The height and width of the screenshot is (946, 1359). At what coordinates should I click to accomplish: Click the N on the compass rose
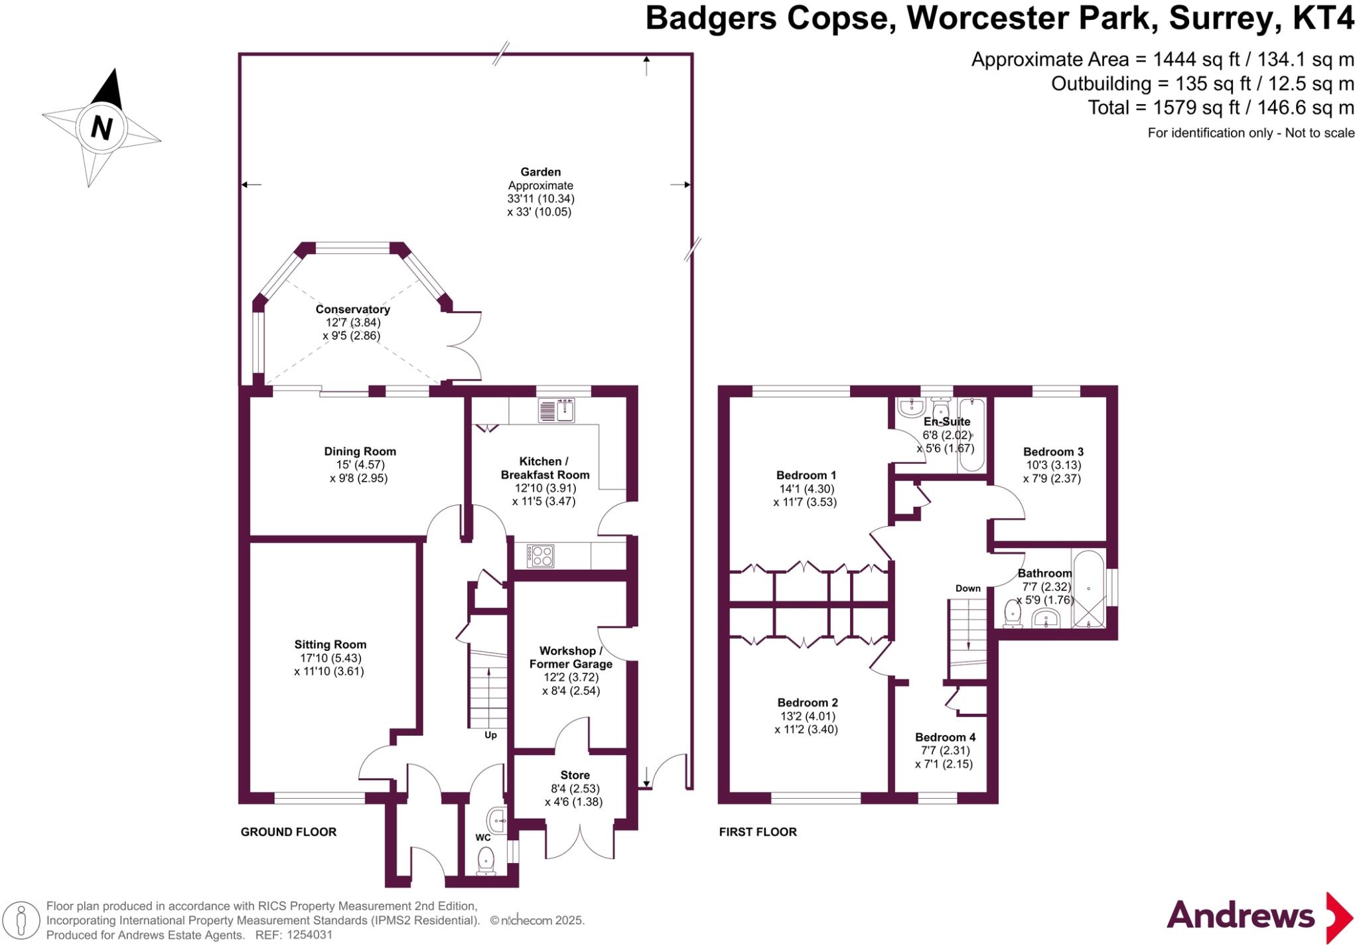pyautogui.click(x=101, y=127)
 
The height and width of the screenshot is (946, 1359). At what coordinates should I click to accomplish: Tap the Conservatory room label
pyautogui.click(x=352, y=309)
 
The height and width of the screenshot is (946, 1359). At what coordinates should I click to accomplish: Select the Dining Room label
pyautogui.click(x=360, y=451)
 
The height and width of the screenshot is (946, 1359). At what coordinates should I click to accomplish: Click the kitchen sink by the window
pyautogui.click(x=556, y=411)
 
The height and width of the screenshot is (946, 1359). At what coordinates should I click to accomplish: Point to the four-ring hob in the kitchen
pyautogui.click(x=540, y=555)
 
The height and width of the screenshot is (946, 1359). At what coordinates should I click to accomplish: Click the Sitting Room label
pyautogui.click(x=330, y=644)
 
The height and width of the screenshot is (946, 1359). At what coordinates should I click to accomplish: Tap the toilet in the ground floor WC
pyautogui.click(x=486, y=860)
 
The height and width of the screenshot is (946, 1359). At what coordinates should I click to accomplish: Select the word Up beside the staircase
pyautogui.click(x=490, y=735)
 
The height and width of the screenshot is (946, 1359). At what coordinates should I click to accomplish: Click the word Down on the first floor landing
pyautogui.click(x=967, y=588)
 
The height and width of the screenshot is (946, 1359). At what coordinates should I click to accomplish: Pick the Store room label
pyautogui.click(x=575, y=775)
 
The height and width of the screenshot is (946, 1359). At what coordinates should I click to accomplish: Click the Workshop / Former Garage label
pyautogui.click(x=571, y=657)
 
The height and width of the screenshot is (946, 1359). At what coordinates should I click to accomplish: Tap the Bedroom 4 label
pyautogui.click(x=945, y=737)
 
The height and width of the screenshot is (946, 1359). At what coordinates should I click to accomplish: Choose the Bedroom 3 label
pyautogui.click(x=1053, y=452)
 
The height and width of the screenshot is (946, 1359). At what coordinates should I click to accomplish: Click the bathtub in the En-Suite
pyautogui.click(x=972, y=435)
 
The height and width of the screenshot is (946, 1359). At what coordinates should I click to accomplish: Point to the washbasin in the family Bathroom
pyautogui.click(x=1046, y=619)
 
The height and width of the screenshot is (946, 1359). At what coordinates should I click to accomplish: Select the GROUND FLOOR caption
pyautogui.click(x=288, y=832)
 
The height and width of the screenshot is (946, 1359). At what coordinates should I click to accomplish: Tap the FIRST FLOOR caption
pyautogui.click(x=758, y=832)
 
